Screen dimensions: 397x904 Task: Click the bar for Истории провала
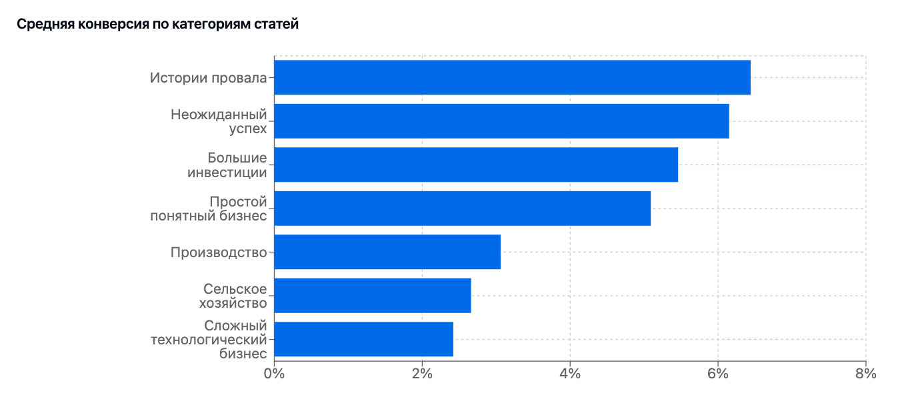(x=512, y=77)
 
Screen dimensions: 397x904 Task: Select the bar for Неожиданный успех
(x=501, y=121)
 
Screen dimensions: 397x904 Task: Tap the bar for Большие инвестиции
(x=476, y=165)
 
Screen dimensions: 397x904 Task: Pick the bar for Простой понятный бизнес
(x=462, y=208)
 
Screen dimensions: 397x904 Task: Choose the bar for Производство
(x=387, y=252)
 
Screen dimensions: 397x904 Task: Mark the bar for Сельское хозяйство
(x=373, y=296)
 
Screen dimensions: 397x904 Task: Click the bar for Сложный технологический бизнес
(x=363, y=339)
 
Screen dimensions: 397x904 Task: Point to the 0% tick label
(x=274, y=374)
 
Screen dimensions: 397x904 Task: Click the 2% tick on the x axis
(x=422, y=374)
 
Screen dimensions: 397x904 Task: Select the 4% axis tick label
(x=570, y=374)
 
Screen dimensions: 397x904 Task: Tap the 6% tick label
(x=718, y=374)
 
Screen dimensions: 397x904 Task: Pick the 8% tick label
(x=865, y=374)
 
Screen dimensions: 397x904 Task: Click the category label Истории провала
(x=208, y=78)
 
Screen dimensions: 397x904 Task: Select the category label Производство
(x=219, y=252)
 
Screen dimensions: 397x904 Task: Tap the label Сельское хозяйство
(x=234, y=296)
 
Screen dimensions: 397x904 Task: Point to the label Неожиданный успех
(x=219, y=121)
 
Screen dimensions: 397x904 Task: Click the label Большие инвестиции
(x=227, y=165)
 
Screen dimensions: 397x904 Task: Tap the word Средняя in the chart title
(x=39, y=25)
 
